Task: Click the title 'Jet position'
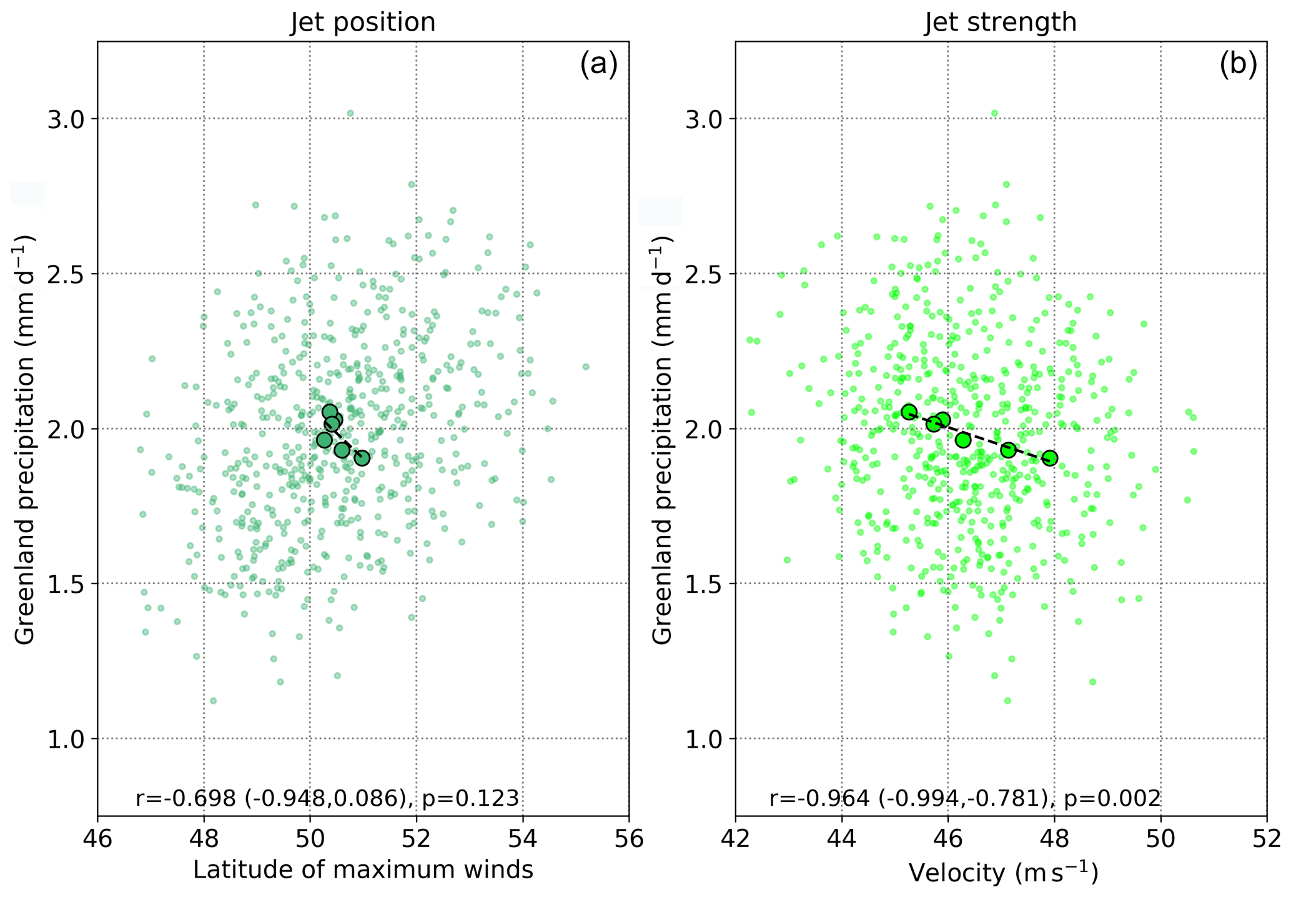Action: (362, 22)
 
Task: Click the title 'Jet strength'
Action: (1001, 22)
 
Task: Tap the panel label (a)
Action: (598, 65)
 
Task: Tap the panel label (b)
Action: (1238, 65)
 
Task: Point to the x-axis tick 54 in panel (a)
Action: (522, 839)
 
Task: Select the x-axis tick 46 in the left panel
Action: (97, 839)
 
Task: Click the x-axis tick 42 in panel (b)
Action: (736, 839)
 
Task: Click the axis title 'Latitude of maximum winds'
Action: (363, 870)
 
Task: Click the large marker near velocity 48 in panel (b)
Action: (1050, 458)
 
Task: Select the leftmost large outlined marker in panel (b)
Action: (909, 412)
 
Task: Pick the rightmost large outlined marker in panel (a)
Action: (362, 458)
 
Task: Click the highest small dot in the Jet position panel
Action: (350, 113)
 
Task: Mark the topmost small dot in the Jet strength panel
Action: (994, 113)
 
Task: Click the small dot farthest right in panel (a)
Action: (586, 367)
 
